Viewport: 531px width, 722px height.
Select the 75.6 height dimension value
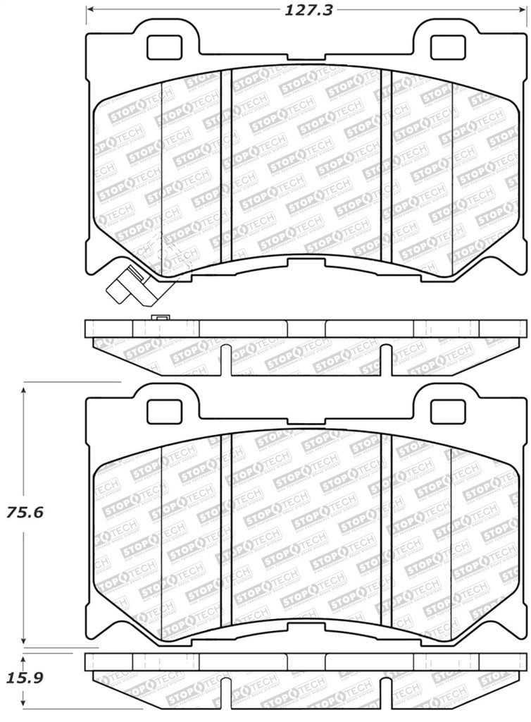pyautogui.click(x=25, y=513)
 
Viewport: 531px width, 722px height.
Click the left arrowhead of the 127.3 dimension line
pyautogui.click(x=89, y=9)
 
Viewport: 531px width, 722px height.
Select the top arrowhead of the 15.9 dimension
pyautogui.click(x=25, y=656)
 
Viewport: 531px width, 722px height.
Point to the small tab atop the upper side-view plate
pyautogui.click(x=158, y=317)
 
